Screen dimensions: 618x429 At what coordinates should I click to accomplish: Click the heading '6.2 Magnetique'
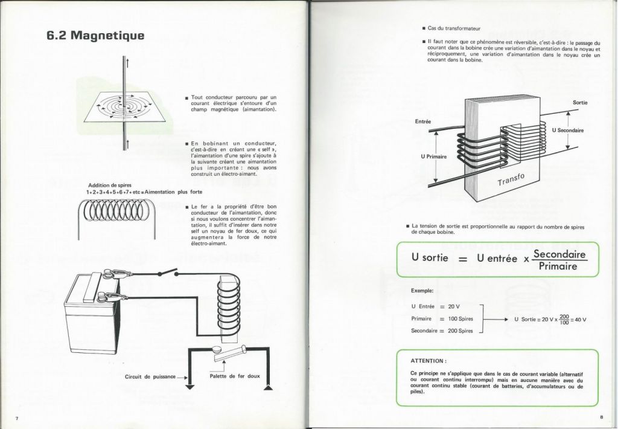click(95, 36)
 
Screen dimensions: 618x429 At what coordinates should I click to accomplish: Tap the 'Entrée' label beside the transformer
click(423, 121)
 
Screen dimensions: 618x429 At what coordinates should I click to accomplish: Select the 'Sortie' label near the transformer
click(580, 103)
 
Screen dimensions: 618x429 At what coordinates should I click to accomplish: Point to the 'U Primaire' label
click(434, 156)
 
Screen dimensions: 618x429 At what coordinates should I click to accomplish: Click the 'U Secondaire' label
click(568, 131)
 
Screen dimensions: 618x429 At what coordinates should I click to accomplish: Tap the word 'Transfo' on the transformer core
click(511, 179)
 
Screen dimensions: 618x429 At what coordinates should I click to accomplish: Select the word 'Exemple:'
click(422, 291)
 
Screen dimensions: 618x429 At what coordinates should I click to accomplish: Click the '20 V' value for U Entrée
click(454, 307)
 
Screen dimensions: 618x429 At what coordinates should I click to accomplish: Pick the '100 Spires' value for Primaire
click(460, 319)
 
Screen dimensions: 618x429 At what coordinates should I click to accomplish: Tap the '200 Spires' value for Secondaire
click(460, 331)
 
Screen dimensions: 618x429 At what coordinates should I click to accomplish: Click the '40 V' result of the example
click(581, 320)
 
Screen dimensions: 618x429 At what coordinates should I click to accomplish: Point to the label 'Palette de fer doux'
click(235, 376)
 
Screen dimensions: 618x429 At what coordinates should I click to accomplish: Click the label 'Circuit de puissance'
click(150, 377)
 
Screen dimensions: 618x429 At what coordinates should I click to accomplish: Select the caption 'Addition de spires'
click(110, 185)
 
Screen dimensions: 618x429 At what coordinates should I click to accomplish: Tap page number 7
click(16, 418)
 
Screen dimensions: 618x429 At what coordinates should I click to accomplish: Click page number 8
click(602, 417)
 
